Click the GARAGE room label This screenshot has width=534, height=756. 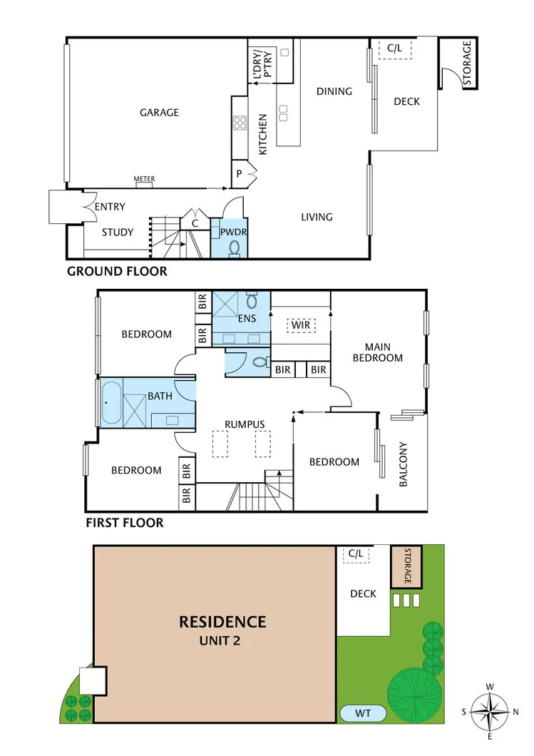pyautogui.click(x=159, y=113)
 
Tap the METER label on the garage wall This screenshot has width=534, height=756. pyautogui.click(x=144, y=180)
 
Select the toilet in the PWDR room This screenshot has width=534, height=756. pyautogui.click(x=234, y=247)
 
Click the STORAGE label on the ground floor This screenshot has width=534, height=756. pyautogui.click(x=467, y=64)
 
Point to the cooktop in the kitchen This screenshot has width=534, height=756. pyautogui.click(x=240, y=122)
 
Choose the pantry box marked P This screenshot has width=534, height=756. pyautogui.click(x=239, y=173)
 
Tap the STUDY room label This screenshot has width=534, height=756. pyautogui.click(x=117, y=232)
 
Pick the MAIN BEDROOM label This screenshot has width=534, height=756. pyautogui.click(x=378, y=352)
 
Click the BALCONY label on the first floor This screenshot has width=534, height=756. pyautogui.click(x=403, y=465)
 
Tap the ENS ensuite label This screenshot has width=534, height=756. pyautogui.click(x=247, y=319)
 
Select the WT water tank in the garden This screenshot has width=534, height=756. pyautogui.click(x=363, y=713)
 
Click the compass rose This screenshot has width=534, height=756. pyautogui.click(x=490, y=711)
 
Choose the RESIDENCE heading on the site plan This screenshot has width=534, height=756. pyautogui.click(x=222, y=622)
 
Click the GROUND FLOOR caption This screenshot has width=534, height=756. pyautogui.click(x=117, y=272)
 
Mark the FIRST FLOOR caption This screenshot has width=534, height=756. pyautogui.click(x=125, y=523)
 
